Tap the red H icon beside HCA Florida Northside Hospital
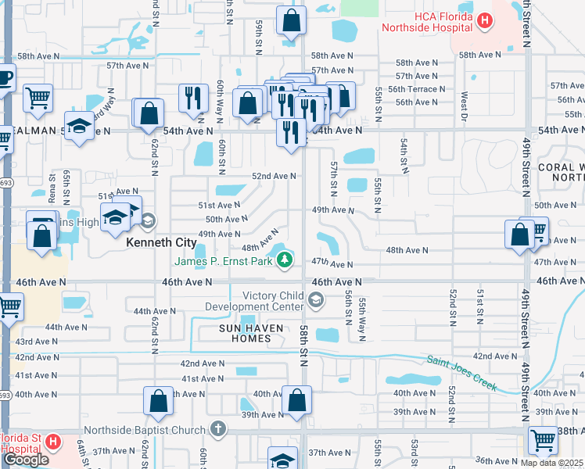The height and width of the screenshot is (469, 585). tap(485, 20)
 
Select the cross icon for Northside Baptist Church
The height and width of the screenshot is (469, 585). tap(217, 429)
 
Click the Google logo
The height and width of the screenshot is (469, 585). tap(25, 460)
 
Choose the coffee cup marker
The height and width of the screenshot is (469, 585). tap(3, 79)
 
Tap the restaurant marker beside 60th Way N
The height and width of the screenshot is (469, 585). tap(191, 97)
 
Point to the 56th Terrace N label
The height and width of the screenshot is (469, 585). tap(420, 89)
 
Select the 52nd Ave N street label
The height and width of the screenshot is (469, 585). tap(273, 176)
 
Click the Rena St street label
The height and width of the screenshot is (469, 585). tap(53, 195)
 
